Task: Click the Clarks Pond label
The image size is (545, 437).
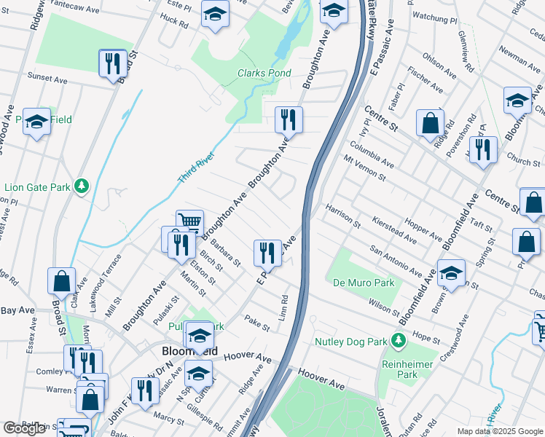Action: coord(264,74)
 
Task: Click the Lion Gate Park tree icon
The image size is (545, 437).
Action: coord(82,187)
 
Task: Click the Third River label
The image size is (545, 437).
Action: coord(196,169)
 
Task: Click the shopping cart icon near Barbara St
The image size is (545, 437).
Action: coord(189,221)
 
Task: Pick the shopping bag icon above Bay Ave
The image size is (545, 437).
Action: coord(61,280)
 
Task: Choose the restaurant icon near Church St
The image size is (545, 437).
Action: coord(482,149)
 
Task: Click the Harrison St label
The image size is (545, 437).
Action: coord(343,214)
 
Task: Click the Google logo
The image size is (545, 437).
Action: coord(24,429)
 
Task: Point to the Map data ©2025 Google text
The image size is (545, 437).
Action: coord(499,431)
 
